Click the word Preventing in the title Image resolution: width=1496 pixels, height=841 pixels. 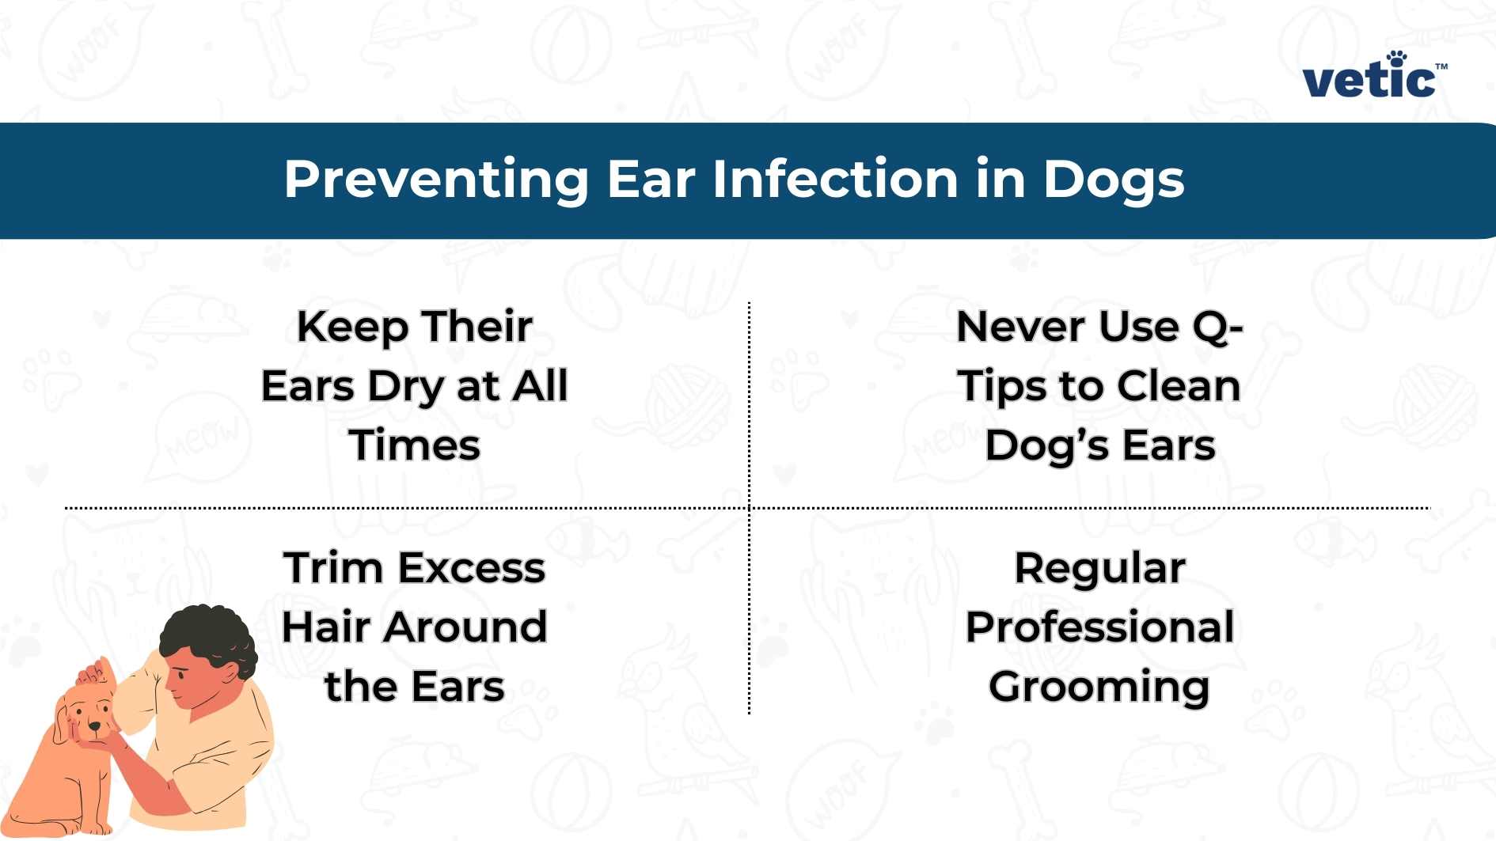[x=436, y=180]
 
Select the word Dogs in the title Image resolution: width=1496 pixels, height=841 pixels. [x=1113, y=180]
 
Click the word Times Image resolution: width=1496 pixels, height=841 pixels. [x=415, y=445]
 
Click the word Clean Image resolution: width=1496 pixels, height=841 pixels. [x=1179, y=386]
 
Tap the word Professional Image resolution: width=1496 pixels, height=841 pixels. [x=1099, y=628]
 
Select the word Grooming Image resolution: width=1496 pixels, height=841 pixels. [x=1099, y=688]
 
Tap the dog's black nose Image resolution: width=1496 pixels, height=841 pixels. [x=95, y=725]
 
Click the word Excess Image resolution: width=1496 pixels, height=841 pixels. [x=472, y=568]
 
